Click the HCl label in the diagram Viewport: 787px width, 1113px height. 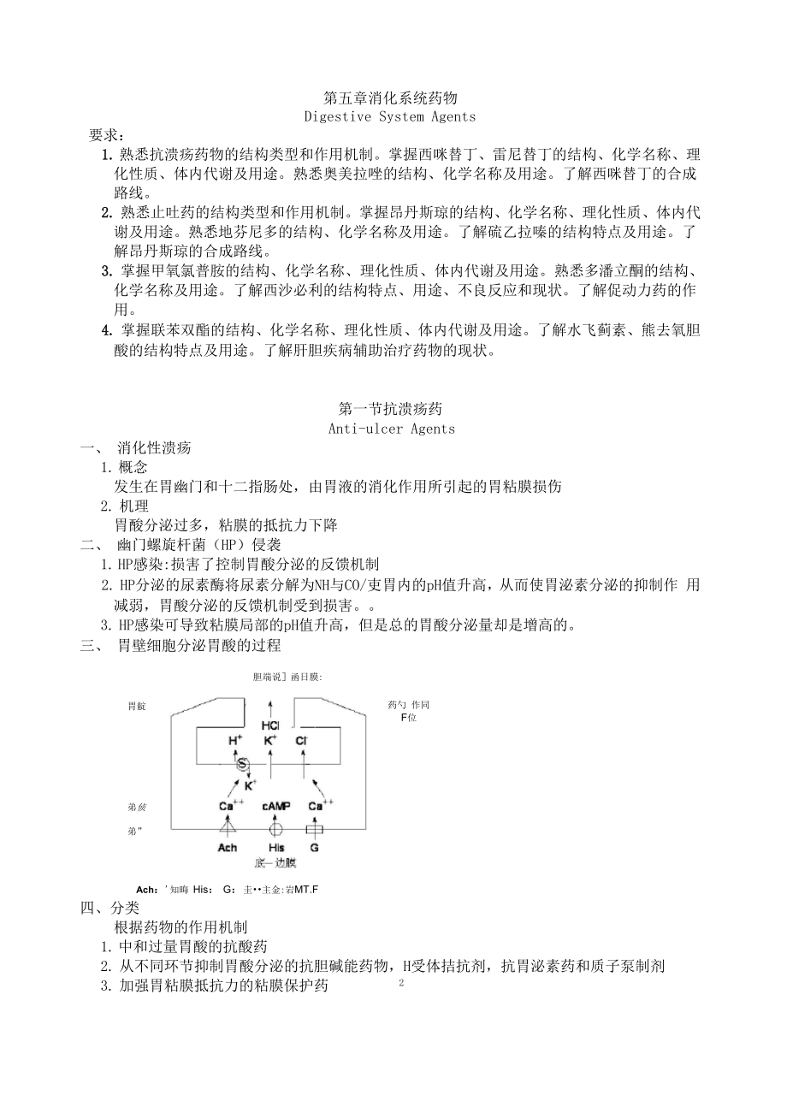pyautogui.click(x=271, y=725)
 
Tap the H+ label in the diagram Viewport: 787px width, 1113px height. pyautogui.click(x=235, y=741)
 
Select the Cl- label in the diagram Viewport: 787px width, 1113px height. pyautogui.click(x=301, y=741)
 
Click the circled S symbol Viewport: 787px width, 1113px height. pyautogui.click(x=242, y=764)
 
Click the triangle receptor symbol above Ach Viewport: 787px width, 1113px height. pyautogui.click(x=227, y=828)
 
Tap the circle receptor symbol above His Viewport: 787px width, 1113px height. pyautogui.click(x=275, y=829)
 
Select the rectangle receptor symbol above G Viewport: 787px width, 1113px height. pyautogui.click(x=314, y=829)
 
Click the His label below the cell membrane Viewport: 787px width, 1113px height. pyautogui.click(x=275, y=848)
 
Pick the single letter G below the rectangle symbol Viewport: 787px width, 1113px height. pyautogui.click(x=314, y=848)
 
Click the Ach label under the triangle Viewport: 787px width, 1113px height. pyautogui.click(x=228, y=848)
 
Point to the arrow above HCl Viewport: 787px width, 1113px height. pyautogui.click(x=271, y=707)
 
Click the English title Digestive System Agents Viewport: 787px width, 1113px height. pyautogui.click(x=390, y=116)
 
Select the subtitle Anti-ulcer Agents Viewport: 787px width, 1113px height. pyautogui.click(x=392, y=429)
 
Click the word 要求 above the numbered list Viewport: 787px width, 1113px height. pyautogui.click(x=107, y=135)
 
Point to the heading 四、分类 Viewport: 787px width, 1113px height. pyautogui.click(x=110, y=909)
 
